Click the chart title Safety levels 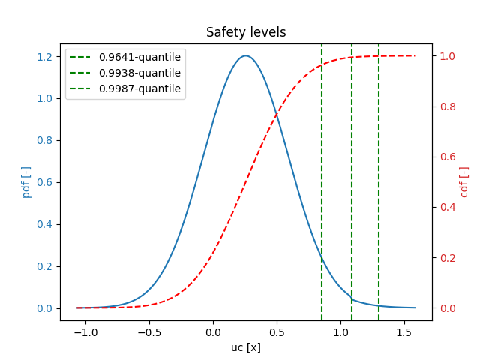[246, 33]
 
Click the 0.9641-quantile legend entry [139, 57]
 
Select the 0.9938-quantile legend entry [139, 73]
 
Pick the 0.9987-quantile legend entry [139, 88]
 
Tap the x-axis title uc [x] [246, 347]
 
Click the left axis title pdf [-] [26, 182]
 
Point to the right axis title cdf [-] [464, 182]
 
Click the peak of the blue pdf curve [245, 55]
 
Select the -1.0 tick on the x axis [85, 330]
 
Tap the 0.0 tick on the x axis [213, 330]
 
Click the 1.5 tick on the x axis [405, 330]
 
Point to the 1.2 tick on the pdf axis [47, 57]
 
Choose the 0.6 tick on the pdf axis [47, 182]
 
